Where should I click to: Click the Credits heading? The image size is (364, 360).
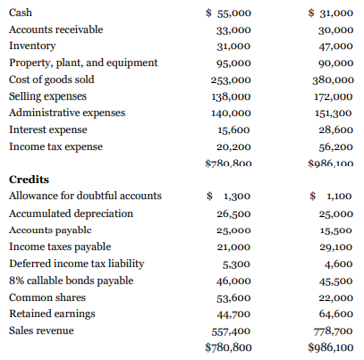[x=29, y=180]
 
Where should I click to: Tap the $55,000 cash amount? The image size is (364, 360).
[x=228, y=13]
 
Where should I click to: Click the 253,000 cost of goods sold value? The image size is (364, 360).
[x=233, y=80]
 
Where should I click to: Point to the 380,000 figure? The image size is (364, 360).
[x=335, y=80]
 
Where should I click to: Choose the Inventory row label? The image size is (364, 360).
[x=32, y=46]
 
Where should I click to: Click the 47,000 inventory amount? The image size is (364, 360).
[x=338, y=46]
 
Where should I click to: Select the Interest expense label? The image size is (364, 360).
[x=49, y=130]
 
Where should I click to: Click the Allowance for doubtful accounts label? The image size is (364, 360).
[x=85, y=196]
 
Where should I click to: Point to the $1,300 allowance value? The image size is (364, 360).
[x=228, y=197]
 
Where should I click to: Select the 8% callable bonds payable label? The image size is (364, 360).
[x=72, y=280]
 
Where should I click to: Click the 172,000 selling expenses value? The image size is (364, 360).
[x=335, y=96]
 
